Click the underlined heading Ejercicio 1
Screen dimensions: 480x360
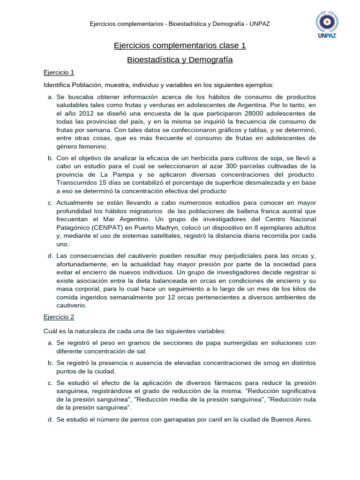tap(59, 73)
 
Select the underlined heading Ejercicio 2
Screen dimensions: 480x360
tap(59, 317)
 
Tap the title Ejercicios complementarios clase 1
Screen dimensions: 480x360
tap(180, 45)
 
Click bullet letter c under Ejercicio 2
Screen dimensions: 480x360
tap(50, 383)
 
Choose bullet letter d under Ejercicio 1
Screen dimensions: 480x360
tap(50, 255)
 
